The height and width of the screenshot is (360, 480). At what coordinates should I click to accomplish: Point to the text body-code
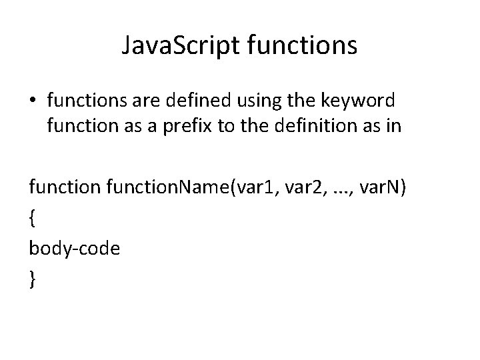73,248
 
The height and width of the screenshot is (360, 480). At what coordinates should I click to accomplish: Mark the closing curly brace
33,278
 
